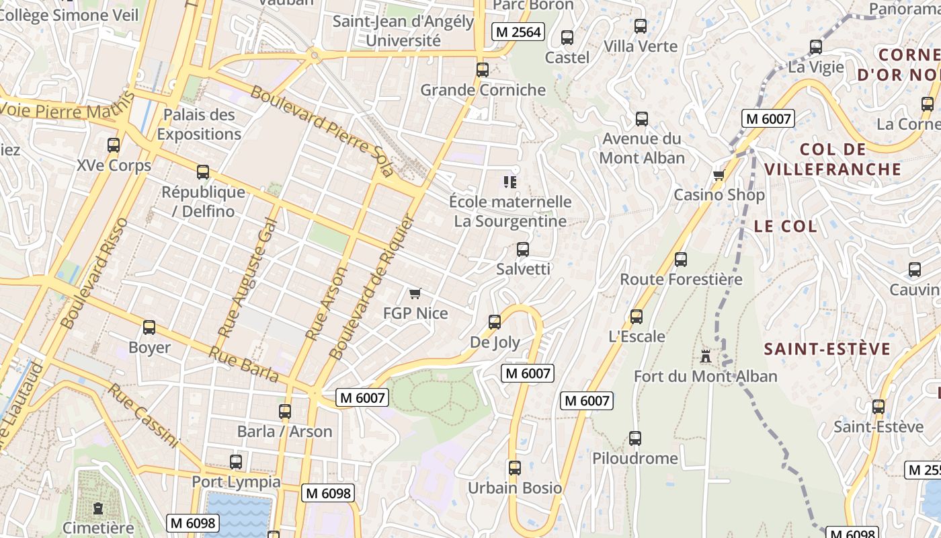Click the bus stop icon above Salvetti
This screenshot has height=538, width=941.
pyautogui.click(x=523, y=249)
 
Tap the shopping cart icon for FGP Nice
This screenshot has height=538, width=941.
pyautogui.click(x=415, y=293)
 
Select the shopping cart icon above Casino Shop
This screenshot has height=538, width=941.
pyautogui.click(x=719, y=176)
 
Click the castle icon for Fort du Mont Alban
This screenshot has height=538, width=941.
pyautogui.click(x=705, y=356)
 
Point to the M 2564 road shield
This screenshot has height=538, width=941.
pyautogui.click(x=518, y=32)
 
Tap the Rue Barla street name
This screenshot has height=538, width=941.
pyautogui.click(x=243, y=364)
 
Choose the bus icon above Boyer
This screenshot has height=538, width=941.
pyautogui.click(x=149, y=328)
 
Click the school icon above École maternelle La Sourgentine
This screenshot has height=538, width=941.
pyautogui.click(x=509, y=182)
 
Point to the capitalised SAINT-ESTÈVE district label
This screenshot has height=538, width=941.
pyautogui.click(x=827, y=349)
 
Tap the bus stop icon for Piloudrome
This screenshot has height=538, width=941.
pyautogui.click(x=635, y=438)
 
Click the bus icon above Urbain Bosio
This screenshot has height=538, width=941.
pyautogui.click(x=515, y=467)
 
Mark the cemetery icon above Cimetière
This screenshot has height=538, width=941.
pyautogui.click(x=98, y=508)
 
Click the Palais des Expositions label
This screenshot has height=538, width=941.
pyautogui.click(x=199, y=124)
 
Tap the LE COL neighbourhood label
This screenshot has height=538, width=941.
pyautogui.click(x=785, y=226)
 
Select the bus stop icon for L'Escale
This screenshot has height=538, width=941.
pyautogui.click(x=637, y=316)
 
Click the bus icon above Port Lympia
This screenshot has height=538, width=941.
pyautogui.click(x=236, y=462)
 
